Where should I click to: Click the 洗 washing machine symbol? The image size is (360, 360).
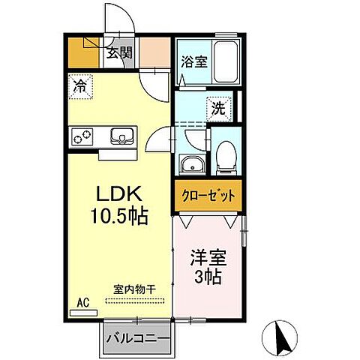[x=218, y=107]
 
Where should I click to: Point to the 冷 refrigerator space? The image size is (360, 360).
[x=79, y=86]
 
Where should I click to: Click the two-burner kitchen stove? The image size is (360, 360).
[x=82, y=137]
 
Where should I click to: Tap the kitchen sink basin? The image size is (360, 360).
[x=121, y=137]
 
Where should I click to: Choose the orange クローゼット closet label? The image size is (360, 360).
[x=208, y=195]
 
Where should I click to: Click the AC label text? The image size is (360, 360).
[x=83, y=302]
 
